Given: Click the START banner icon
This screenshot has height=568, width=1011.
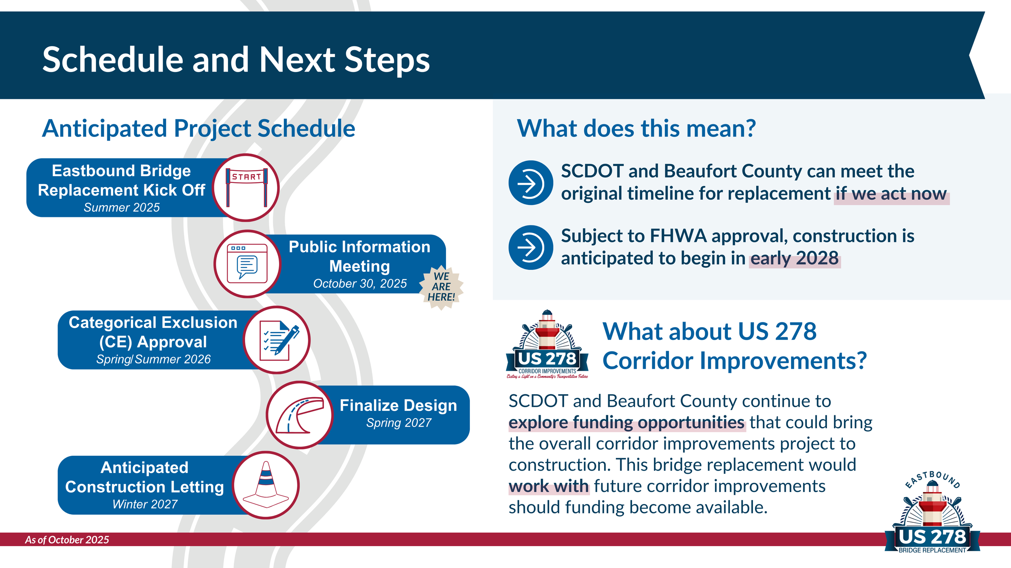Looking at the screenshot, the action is [x=246, y=187].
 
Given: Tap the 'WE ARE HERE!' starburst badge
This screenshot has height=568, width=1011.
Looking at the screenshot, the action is [x=441, y=287].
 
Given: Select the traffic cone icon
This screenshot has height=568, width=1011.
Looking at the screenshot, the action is [x=266, y=485].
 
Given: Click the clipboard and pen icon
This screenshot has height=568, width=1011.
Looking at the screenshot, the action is [x=277, y=340].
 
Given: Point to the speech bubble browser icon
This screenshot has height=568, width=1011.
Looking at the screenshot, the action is [x=247, y=264].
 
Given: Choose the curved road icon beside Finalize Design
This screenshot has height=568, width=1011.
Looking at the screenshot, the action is [x=300, y=415].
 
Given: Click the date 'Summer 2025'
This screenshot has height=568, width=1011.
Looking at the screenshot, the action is [x=122, y=208].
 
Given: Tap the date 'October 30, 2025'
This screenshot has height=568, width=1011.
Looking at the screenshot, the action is [x=360, y=284].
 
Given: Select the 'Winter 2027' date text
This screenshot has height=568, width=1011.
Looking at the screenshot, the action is [x=145, y=504].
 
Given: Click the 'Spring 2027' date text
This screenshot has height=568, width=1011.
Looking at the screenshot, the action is [x=399, y=423].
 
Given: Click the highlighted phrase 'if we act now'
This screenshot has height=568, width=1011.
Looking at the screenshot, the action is [x=891, y=194].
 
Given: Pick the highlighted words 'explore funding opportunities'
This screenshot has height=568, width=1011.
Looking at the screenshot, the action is [x=626, y=423].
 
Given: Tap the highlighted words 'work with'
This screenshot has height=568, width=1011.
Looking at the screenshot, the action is [x=549, y=486].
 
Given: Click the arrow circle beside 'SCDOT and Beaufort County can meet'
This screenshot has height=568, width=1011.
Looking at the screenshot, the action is [x=531, y=183].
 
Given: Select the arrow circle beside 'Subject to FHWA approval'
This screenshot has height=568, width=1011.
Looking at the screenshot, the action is [x=531, y=247].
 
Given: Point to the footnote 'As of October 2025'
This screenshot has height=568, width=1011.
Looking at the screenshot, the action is [x=67, y=540].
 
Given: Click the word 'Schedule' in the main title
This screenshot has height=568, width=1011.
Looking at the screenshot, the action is [x=113, y=60].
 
